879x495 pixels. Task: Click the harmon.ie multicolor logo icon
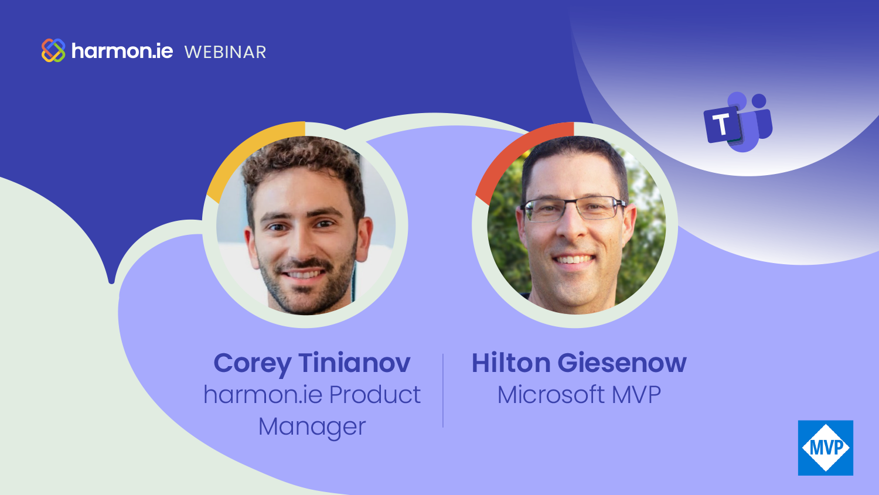(x=53, y=50)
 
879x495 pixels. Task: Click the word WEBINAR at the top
(x=225, y=52)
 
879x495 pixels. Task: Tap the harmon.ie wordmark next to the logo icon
(x=122, y=51)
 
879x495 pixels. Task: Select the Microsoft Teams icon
(x=738, y=122)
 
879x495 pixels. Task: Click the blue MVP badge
(x=826, y=448)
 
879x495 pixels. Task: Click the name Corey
(x=252, y=364)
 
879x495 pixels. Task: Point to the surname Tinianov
(x=355, y=363)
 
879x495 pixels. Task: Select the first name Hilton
(x=511, y=363)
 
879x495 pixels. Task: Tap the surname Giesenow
(x=622, y=363)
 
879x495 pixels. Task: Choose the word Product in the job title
(x=375, y=394)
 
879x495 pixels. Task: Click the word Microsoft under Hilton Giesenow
(x=551, y=394)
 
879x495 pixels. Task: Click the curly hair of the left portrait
(x=302, y=161)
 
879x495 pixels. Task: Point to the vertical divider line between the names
(x=443, y=390)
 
